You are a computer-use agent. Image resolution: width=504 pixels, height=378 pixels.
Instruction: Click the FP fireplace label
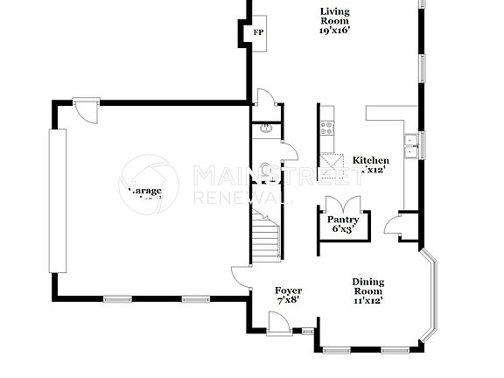tap(257, 33)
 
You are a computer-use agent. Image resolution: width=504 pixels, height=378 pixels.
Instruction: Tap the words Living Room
tap(334, 16)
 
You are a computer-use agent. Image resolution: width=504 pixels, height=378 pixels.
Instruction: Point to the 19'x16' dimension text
tap(334, 31)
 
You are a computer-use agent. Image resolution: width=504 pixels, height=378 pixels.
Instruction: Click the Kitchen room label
tap(371, 160)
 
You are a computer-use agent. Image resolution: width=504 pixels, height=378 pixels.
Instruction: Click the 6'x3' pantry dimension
tap(341, 229)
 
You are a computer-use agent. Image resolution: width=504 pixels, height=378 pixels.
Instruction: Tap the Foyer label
tap(288, 290)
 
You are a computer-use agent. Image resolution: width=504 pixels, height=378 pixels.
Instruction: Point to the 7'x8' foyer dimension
tap(288, 300)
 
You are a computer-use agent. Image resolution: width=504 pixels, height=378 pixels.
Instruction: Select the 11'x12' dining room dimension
tap(368, 300)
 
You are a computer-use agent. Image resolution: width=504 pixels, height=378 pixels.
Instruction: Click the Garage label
tap(144, 191)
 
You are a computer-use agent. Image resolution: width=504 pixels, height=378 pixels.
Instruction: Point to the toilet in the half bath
tap(265, 169)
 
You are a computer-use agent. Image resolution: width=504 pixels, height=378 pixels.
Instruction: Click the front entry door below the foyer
tap(277, 325)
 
